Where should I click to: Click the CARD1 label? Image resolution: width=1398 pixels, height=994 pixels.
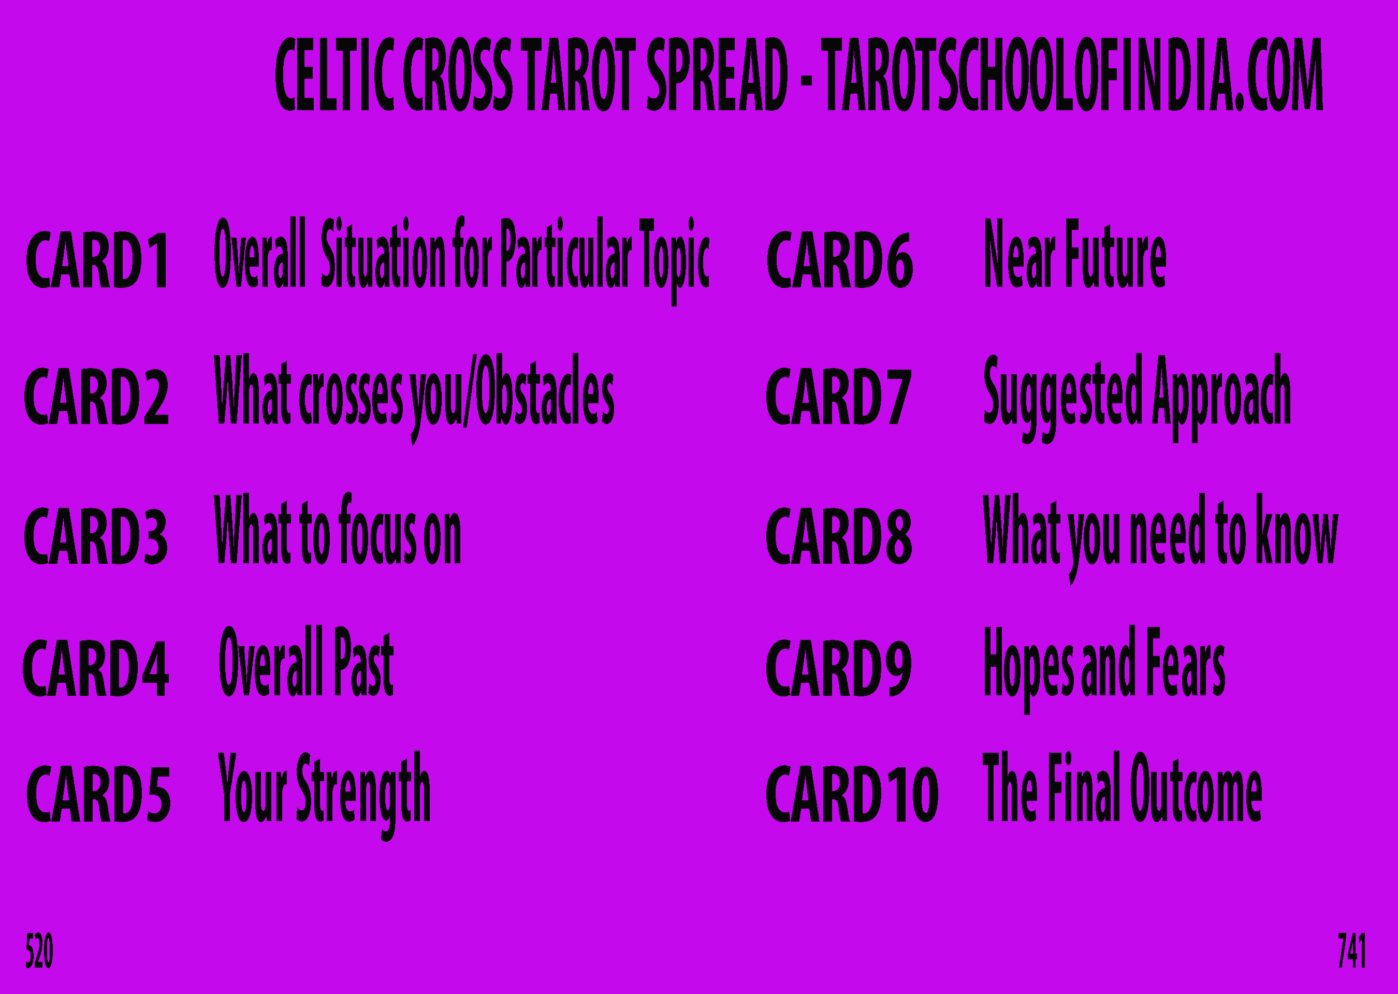(x=97, y=259)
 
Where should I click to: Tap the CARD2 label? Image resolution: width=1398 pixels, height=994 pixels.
(x=96, y=396)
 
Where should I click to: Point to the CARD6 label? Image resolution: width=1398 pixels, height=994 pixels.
(x=840, y=259)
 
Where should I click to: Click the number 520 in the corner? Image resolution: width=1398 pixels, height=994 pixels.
(x=39, y=951)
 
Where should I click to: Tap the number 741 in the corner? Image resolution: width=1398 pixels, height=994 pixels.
(x=1351, y=951)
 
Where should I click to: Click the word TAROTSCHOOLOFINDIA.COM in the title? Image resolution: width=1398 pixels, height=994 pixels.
(x=1072, y=75)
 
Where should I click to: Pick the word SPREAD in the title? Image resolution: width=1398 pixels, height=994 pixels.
(x=717, y=75)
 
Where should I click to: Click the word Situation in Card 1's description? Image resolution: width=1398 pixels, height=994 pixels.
(x=383, y=253)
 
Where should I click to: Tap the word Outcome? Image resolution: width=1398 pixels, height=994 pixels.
(x=1196, y=786)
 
